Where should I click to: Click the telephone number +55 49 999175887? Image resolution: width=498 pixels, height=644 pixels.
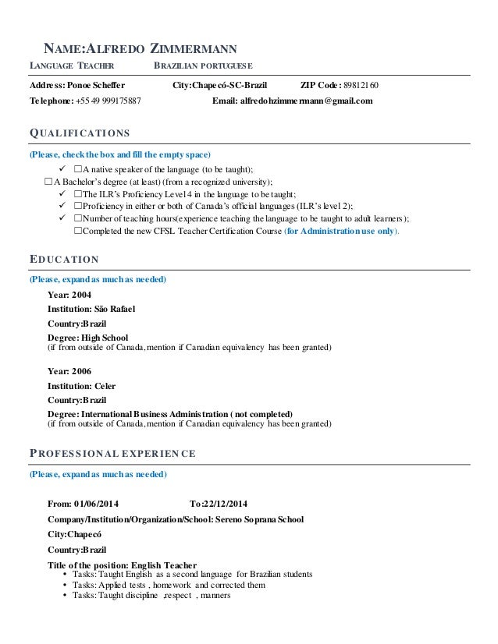108,101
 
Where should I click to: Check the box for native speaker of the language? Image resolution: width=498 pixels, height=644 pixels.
78,169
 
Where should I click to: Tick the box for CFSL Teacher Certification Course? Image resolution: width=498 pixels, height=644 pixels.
78,231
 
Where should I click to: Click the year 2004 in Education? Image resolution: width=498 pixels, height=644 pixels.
81,295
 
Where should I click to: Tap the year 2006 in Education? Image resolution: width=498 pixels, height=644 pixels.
81,371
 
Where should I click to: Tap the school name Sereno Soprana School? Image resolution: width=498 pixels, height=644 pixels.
258,519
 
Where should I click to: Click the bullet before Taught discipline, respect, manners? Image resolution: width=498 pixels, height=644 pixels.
63,596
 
